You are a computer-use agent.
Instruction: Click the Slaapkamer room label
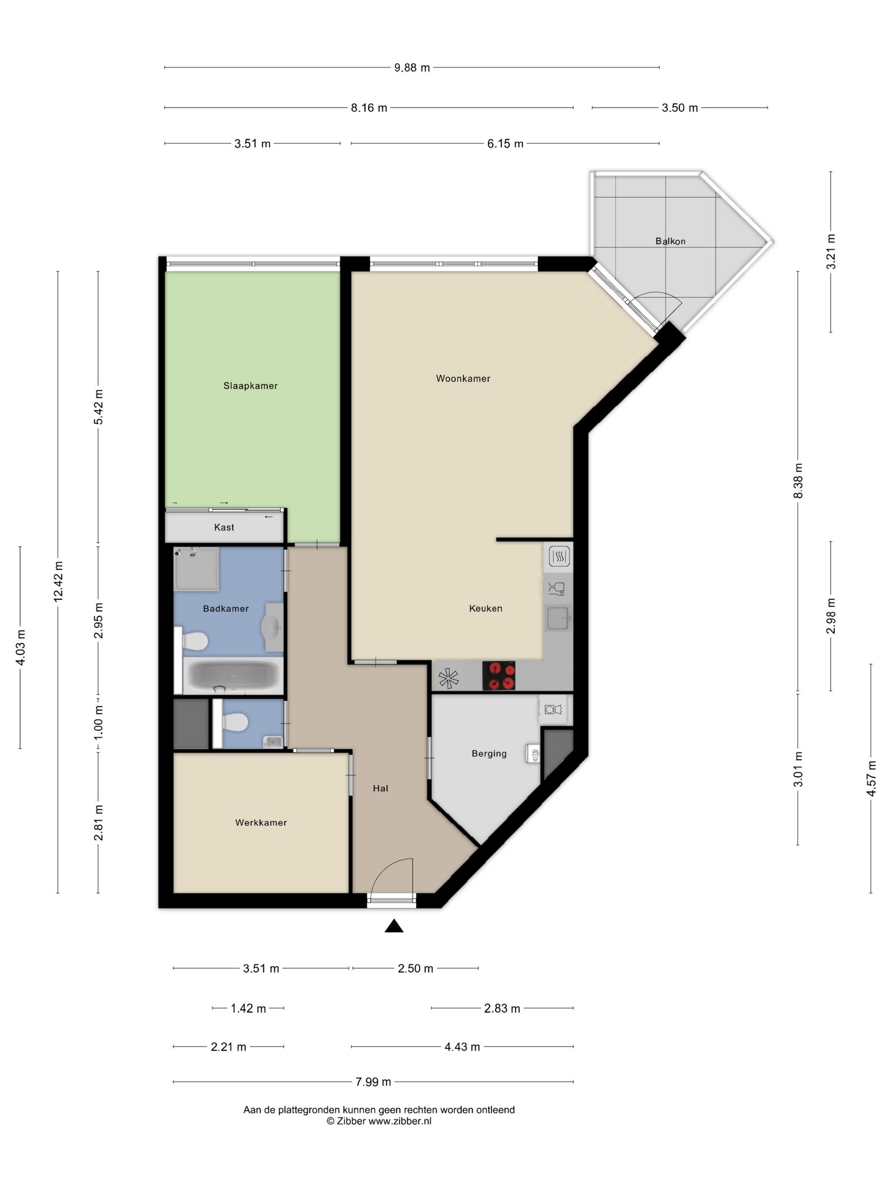[250, 386]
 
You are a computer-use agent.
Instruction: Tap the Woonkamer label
[463, 378]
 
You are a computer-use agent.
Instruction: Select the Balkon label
[670, 241]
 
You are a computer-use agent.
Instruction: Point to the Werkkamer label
[261, 822]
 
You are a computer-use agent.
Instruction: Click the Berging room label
[489, 754]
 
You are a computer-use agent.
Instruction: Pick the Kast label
[224, 527]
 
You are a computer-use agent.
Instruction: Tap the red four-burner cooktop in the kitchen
[499, 675]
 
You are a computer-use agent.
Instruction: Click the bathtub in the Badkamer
[233, 675]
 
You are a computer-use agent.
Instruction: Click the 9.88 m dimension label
[412, 67]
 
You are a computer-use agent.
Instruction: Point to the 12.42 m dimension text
[59, 581]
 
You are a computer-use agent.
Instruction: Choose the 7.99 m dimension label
[373, 1082]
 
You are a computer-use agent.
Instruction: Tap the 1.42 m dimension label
[248, 1008]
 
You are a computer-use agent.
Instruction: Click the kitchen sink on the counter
[558, 618]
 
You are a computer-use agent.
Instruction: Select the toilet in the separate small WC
[235, 723]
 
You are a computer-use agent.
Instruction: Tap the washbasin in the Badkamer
[273, 627]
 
